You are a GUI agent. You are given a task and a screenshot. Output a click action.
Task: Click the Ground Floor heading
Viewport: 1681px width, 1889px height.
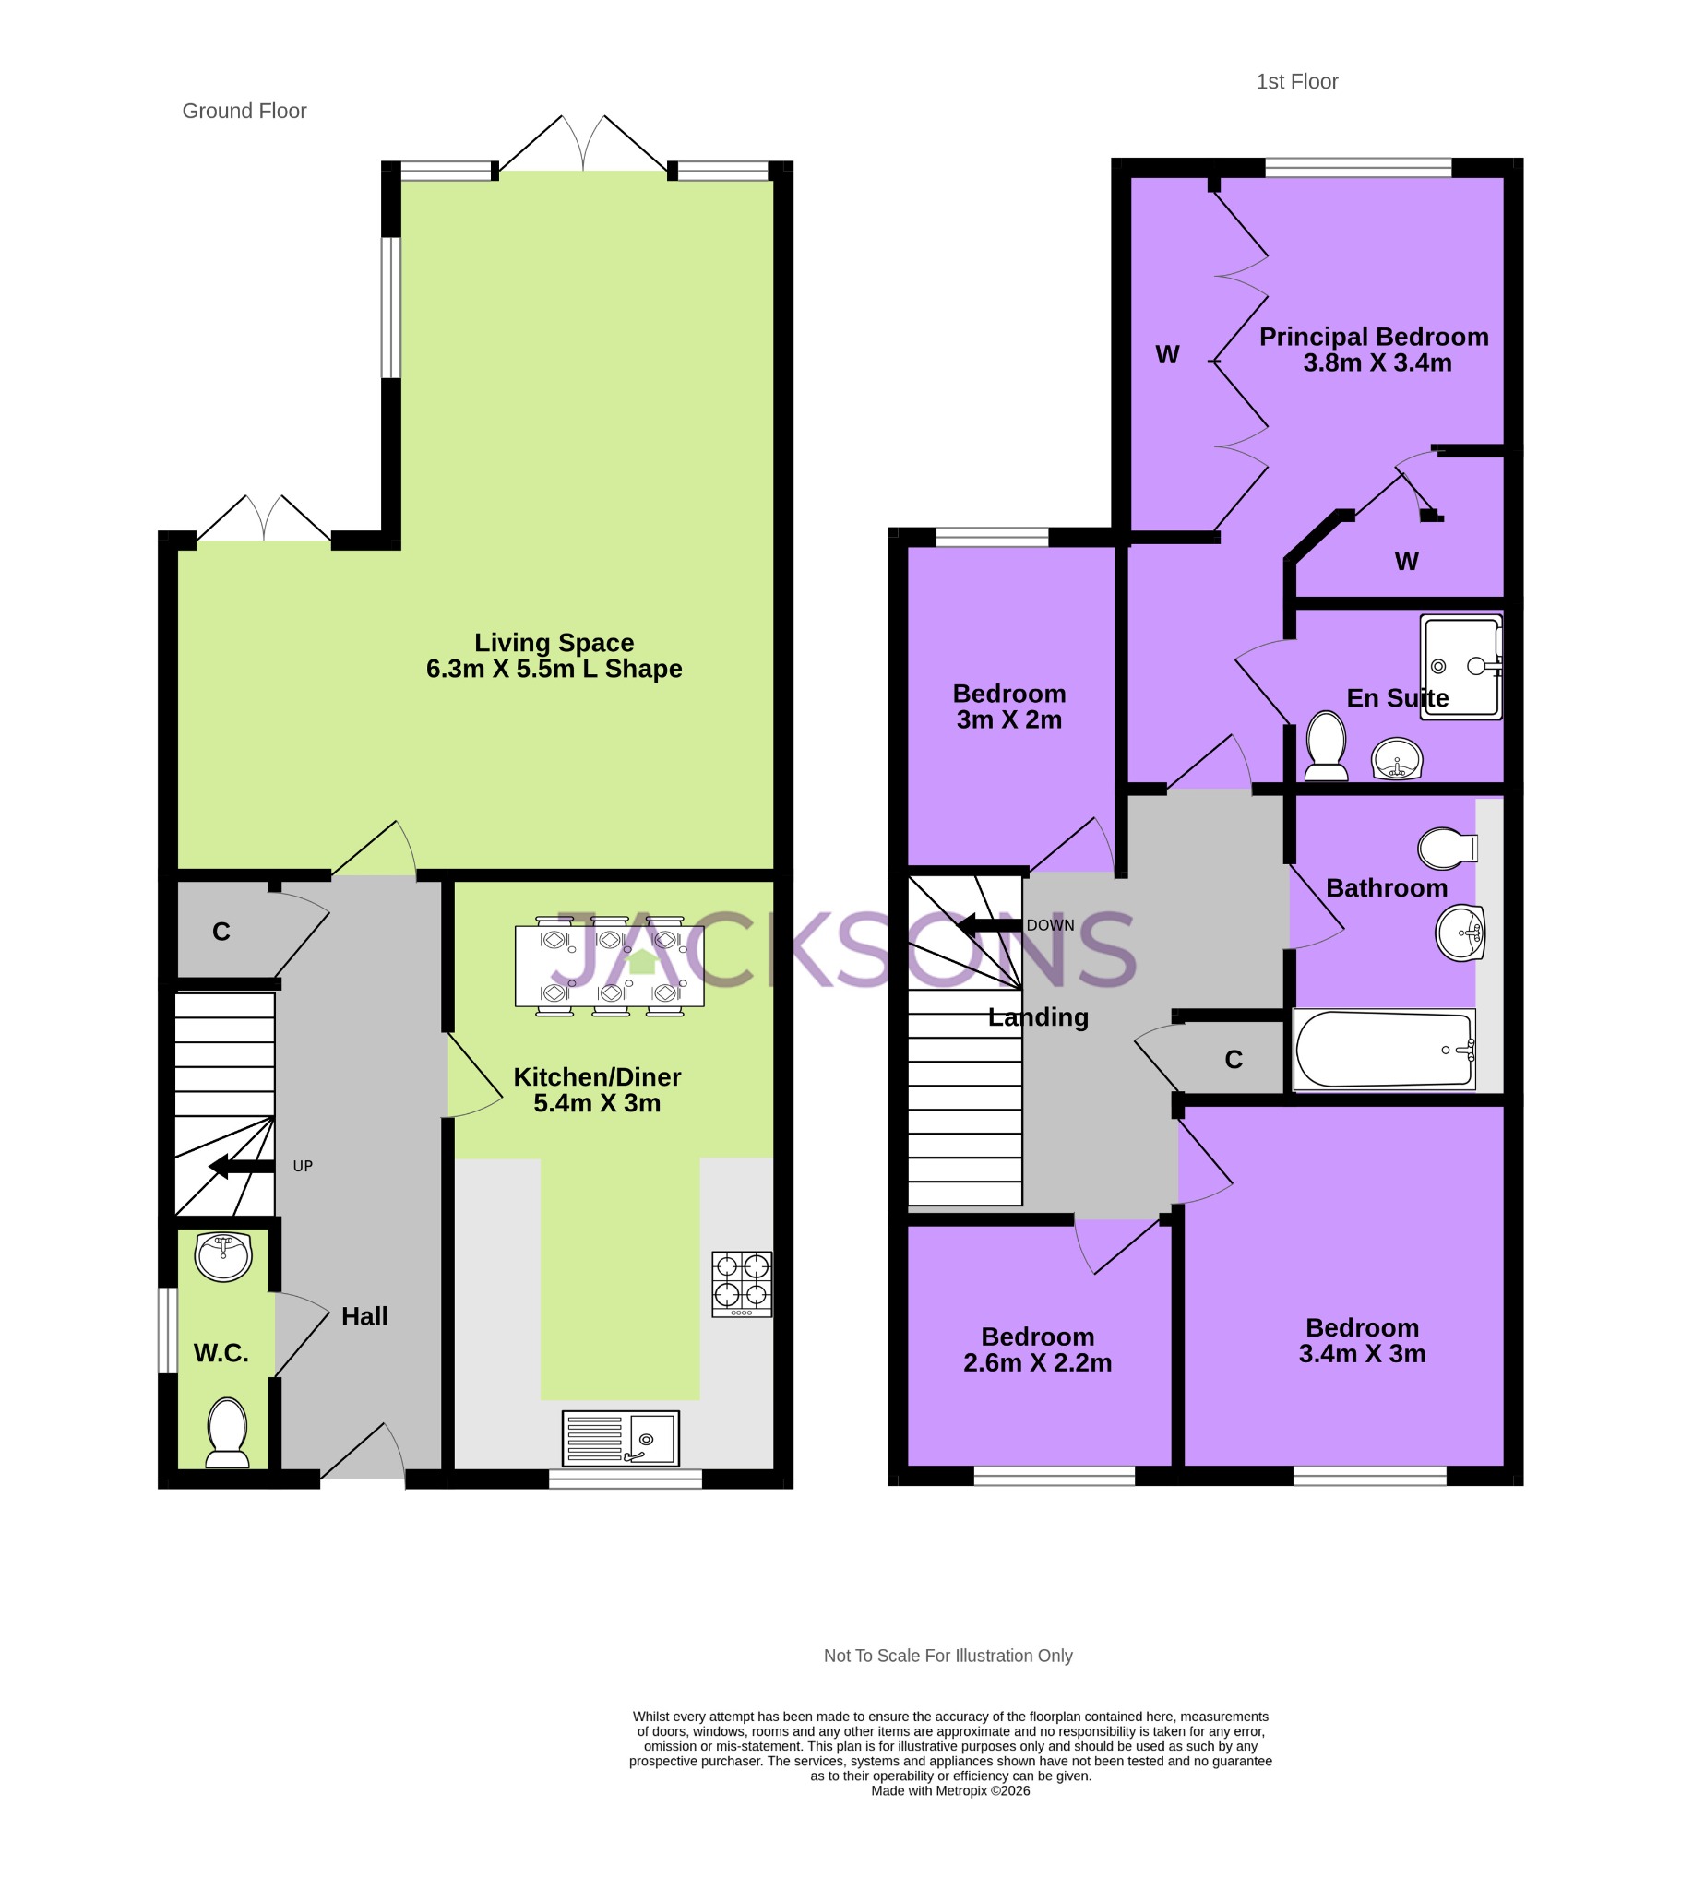(244, 111)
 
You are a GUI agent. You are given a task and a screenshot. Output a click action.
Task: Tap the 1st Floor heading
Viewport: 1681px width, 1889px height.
(1296, 81)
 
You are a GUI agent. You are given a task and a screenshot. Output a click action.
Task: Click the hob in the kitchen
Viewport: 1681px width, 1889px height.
(742, 1284)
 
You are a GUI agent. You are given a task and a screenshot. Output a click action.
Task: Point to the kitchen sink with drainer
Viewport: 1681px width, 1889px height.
(620, 1438)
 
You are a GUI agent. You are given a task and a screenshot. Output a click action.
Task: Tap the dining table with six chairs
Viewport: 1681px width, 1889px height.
(609, 966)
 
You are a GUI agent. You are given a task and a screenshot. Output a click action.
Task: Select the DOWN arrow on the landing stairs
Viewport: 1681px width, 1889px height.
(989, 925)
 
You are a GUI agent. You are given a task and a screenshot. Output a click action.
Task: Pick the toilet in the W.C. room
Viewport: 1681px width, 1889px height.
(228, 1432)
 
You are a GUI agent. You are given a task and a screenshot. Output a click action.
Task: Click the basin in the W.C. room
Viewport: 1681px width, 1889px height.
(224, 1257)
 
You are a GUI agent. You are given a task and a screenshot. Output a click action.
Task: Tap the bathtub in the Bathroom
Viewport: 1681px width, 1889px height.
(1384, 1050)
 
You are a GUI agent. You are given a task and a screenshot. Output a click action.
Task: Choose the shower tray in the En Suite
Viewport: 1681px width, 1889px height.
(1460, 666)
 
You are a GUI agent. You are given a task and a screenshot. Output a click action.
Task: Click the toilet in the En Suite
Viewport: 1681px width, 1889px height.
(1326, 746)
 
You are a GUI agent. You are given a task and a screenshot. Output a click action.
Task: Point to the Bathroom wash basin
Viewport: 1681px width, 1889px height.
(1460, 933)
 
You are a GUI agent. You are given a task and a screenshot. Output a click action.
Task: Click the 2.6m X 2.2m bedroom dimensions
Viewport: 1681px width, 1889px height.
(1037, 1363)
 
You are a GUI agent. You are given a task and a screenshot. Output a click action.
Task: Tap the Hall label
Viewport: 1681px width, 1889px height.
(364, 1316)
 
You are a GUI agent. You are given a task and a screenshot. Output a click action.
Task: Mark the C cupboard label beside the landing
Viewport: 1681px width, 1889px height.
(1234, 1059)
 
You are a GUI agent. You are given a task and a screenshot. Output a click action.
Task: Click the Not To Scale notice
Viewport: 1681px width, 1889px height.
(948, 1657)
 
